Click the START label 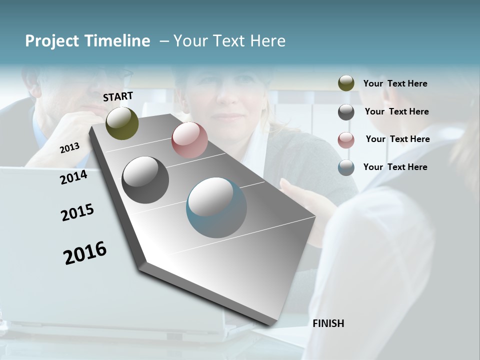[118, 96]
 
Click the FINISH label [328, 323]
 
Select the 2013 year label [69, 148]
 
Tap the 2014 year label [73, 177]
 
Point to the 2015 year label [77, 212]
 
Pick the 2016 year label [85, 252]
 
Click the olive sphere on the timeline [122, 123]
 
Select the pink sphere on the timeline [189, 139]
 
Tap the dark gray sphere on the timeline [145, 180]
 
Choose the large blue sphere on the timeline [216, 207]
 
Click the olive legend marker [346, 83]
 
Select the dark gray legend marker [346, 112]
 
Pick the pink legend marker [346, 140]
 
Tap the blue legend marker [346, 167]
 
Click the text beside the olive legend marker [395, 83]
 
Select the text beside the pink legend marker [397, 139]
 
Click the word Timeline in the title [117, 41]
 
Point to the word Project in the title [52, 41]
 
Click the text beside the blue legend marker [395, 167]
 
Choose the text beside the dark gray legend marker [396, 111]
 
